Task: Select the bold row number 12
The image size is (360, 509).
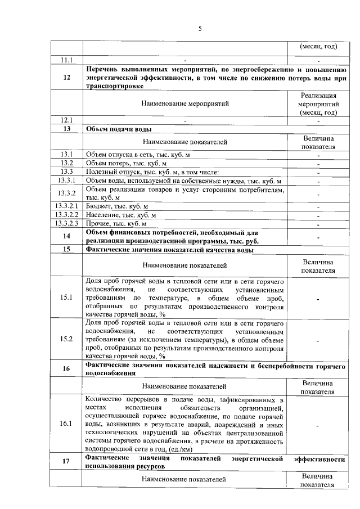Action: coord(67,77)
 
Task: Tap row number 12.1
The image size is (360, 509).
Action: coord(67,120)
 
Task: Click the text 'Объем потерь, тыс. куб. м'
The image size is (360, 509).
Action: coord(123,163)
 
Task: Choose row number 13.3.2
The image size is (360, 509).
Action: coord(67,193)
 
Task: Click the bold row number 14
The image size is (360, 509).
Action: coord(67,236)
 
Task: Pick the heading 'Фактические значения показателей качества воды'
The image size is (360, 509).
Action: coord(169,249)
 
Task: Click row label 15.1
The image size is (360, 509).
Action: coord(67,298)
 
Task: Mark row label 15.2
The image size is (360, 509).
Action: coord(67,339)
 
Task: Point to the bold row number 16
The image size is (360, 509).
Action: coord(67,368)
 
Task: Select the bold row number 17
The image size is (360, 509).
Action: coord(67,462)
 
